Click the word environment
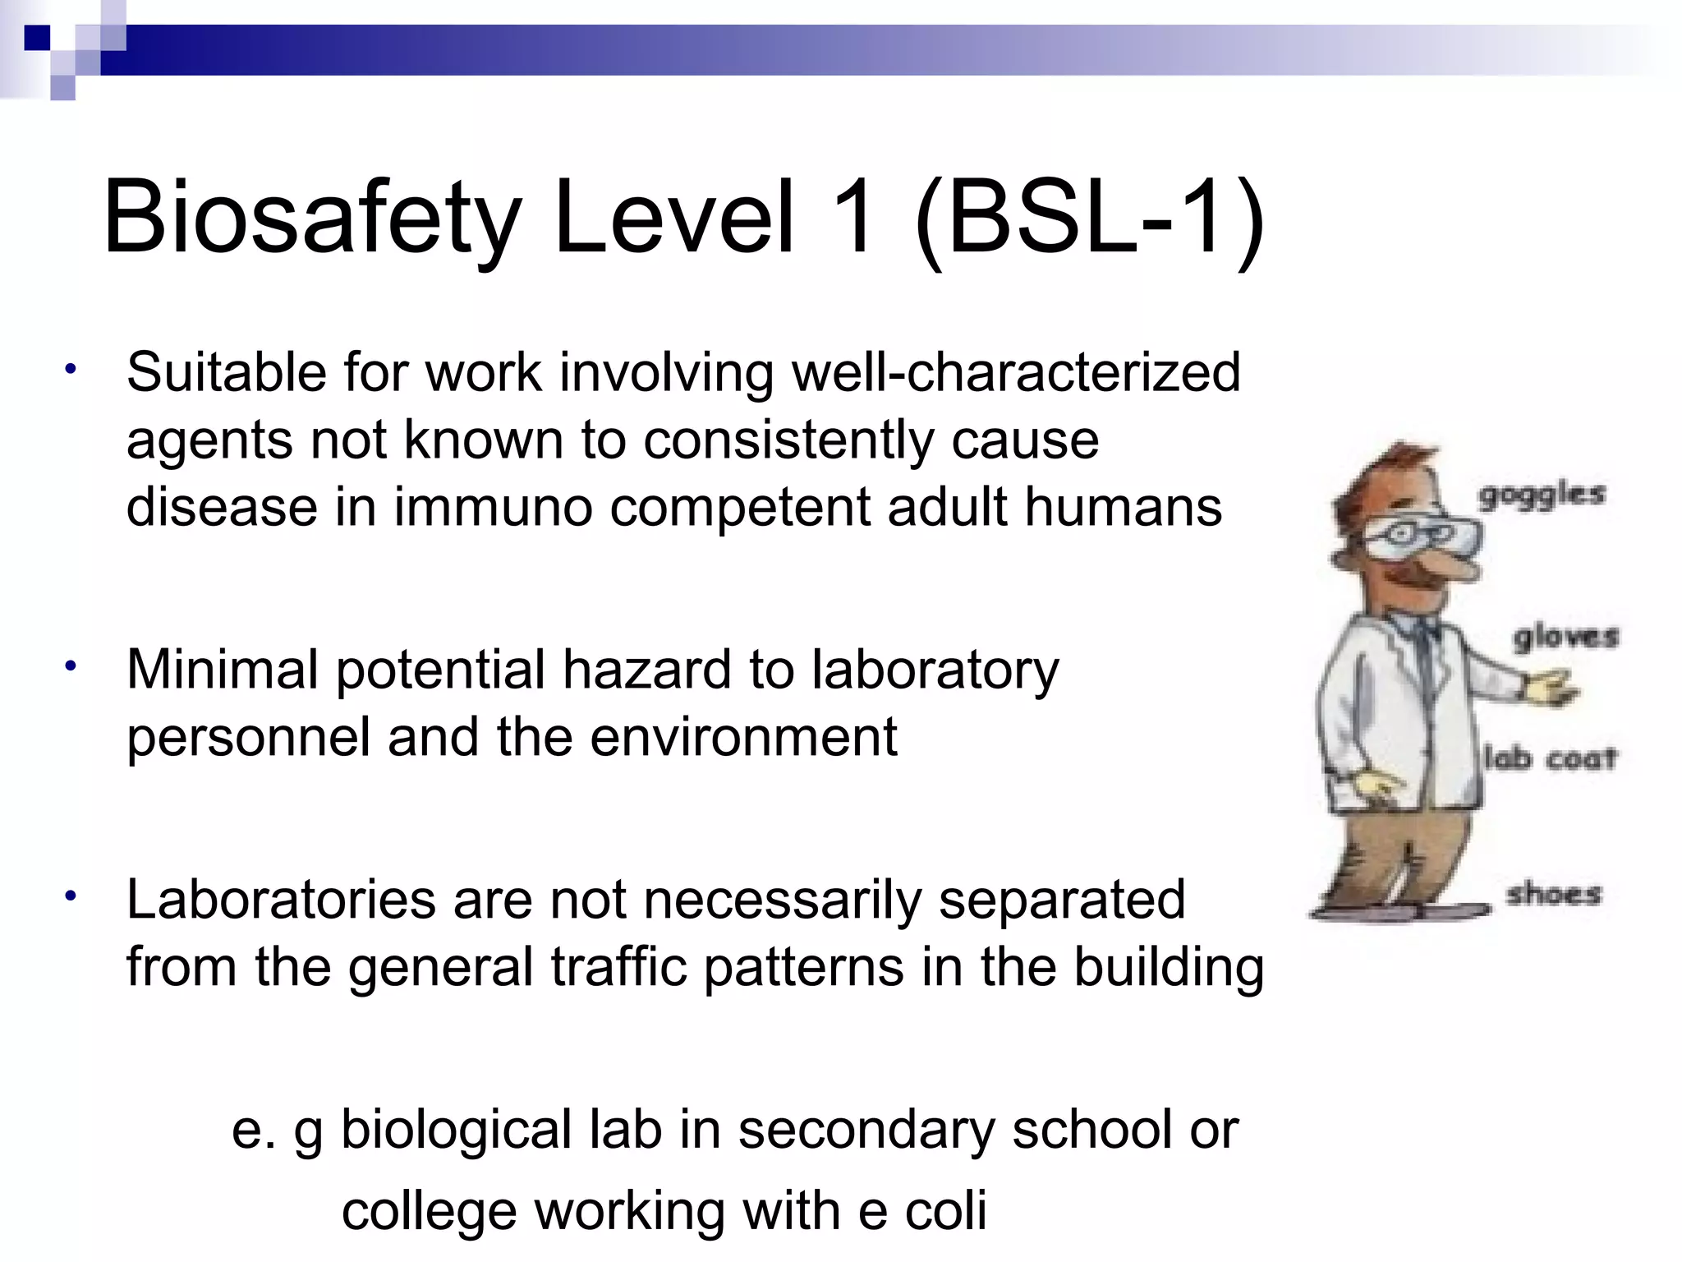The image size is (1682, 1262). (743, 737)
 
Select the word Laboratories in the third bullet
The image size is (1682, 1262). (281, 900)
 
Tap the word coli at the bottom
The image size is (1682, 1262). (945, 1211)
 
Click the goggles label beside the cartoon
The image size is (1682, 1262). (1541, 496)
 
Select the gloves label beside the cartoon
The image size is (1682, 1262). (1565, 638)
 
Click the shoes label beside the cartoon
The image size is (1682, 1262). (1553, 893)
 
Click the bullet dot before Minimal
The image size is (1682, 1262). (72, 666)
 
